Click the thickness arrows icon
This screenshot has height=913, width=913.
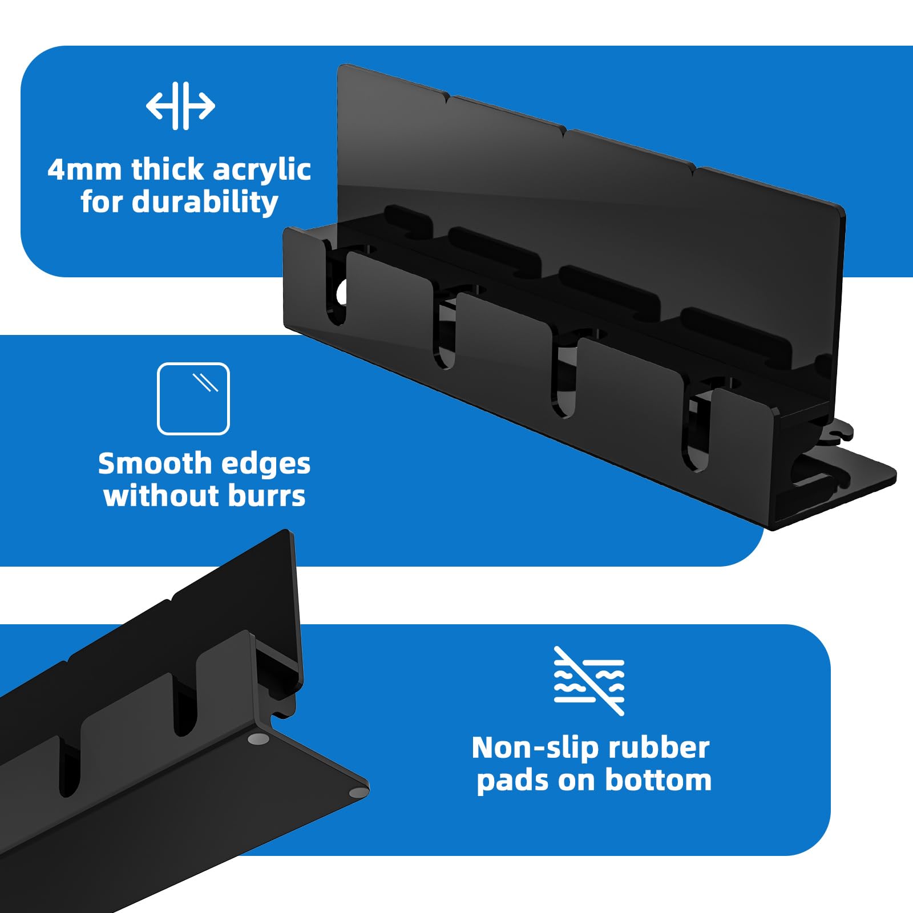click(x=180, y=106)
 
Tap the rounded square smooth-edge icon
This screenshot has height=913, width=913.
click(x=193, y=399)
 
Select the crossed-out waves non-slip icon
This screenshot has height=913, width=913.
click(x=589, y=681)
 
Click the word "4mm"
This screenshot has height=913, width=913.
click(x=85, y=169)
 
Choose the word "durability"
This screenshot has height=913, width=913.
click(x=205, y=203)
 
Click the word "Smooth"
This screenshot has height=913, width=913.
click(x=155, y=463)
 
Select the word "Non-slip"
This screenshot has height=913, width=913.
click(x=534, y=748)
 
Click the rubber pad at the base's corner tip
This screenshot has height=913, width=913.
click(x=358, y=792)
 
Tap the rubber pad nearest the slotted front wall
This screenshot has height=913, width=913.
click(x=258, y=740)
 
